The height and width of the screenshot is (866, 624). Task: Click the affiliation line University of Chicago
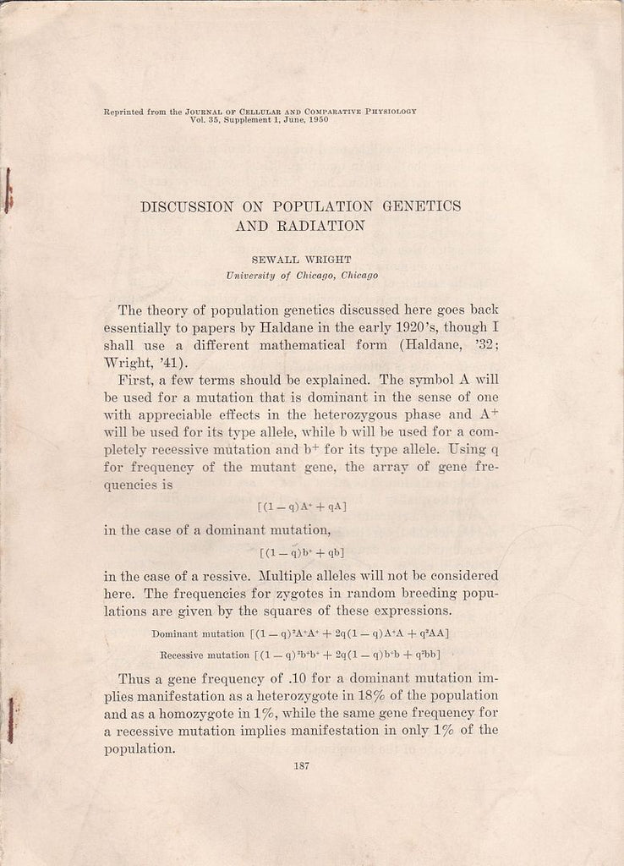[x=302, y=276]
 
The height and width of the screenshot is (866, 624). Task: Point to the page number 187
[x=301, y=766]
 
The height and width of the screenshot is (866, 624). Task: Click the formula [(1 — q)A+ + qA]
[x=301, y=507]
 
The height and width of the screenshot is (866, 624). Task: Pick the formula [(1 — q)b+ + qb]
[x=301, y=553]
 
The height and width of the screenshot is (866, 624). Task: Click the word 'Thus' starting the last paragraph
[x=134, y=678]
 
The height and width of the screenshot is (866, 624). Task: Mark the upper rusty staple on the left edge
[x=8, y=191]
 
